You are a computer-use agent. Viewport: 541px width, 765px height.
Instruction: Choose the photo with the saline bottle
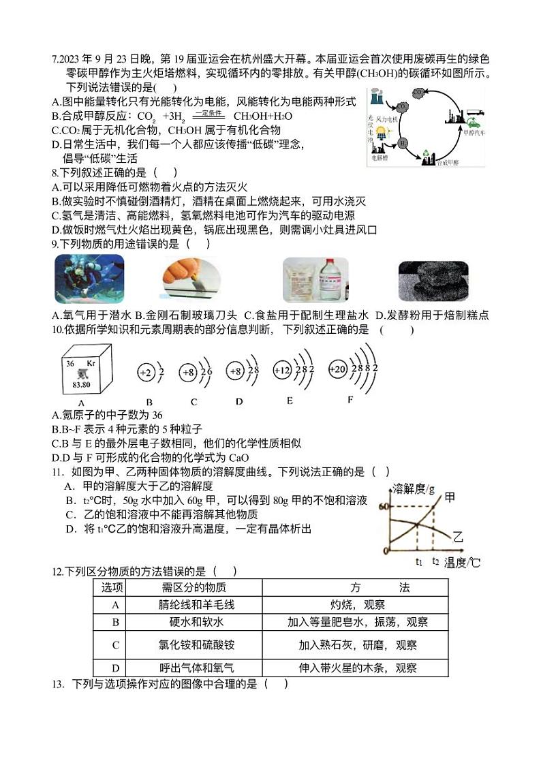point(315,279)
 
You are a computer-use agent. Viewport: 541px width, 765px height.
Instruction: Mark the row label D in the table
point(115,668)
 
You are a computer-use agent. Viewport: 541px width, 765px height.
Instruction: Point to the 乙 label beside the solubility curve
point(458,537)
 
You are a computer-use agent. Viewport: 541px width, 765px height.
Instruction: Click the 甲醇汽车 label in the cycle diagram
point(474,134)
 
